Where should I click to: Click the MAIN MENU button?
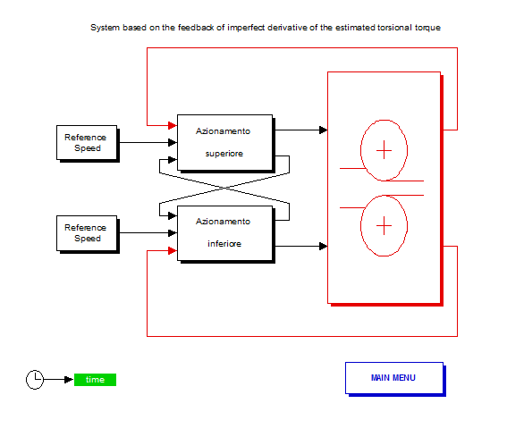click(394, 378)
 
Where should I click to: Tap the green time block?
click(95, 380)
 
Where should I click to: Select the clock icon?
click(35, 380)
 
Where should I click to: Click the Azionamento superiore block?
click(225, 143)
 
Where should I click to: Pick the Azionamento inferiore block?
click(225, 233)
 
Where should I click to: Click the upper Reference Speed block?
click(87, 143)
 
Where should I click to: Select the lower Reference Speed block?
click(87, 233)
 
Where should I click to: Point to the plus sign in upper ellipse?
click(384, 150)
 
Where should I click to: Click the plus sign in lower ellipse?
click(384, 225)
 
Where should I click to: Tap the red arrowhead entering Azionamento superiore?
click(173, 125)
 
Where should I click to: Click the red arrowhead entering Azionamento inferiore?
click(173, 250)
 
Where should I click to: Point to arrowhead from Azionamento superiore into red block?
click(323, 130)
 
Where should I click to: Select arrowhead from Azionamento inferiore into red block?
click(323, 247)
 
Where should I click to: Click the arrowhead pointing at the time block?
click(69, 380)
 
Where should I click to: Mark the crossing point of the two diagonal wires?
click(224, 188)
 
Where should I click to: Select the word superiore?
click(224, 154)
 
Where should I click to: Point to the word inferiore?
click(224, 244)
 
